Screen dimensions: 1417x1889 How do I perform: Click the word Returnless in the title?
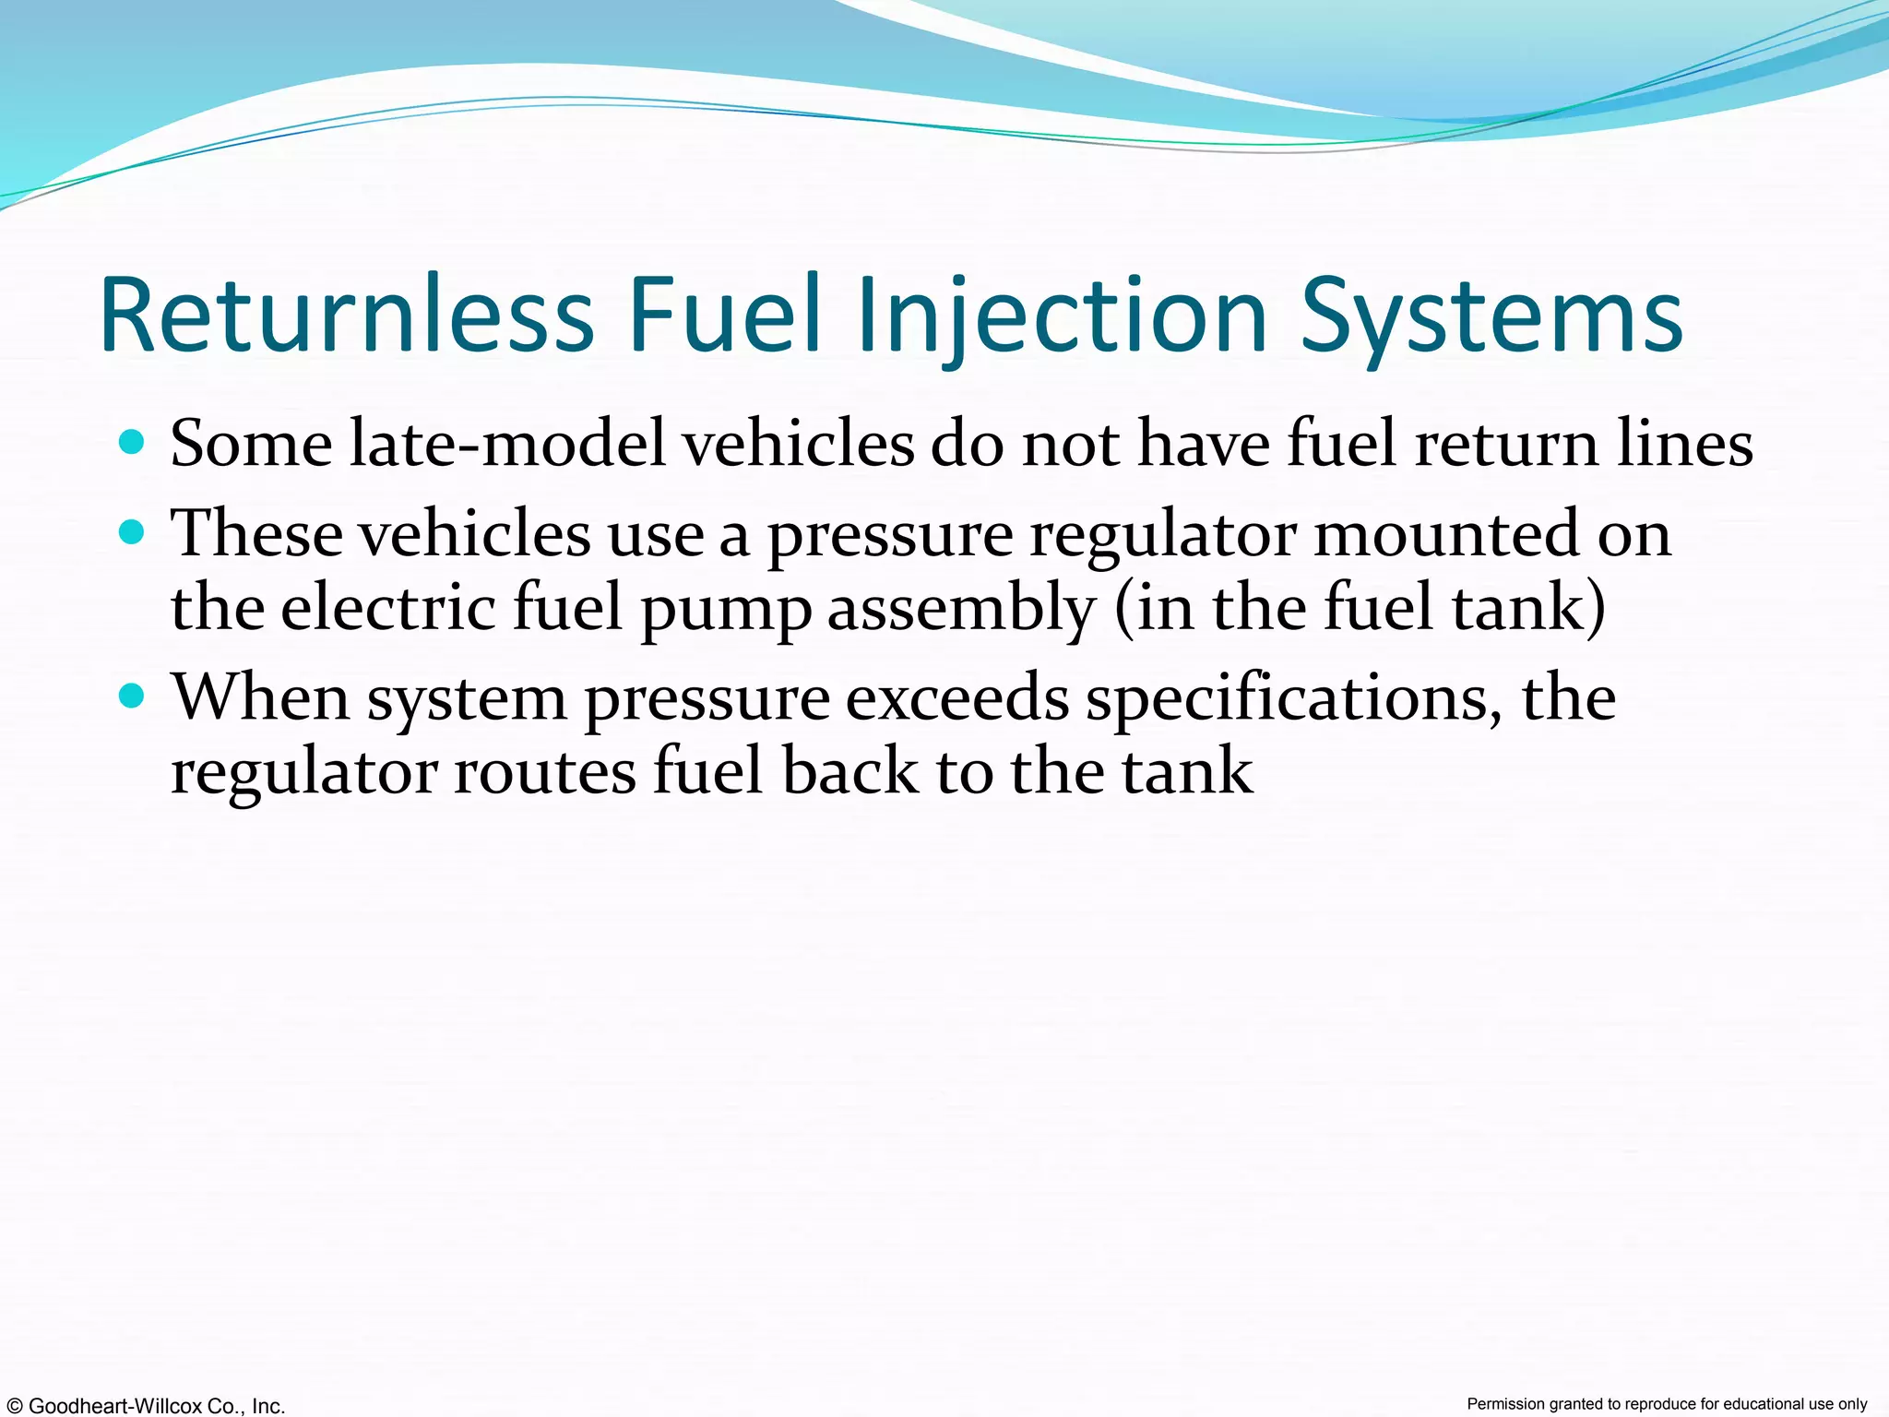[346, 316]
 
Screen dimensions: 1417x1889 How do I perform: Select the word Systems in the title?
[1491, 316]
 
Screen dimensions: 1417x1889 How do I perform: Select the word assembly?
[961, 608]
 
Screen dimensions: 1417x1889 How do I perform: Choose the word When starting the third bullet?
[261, 697]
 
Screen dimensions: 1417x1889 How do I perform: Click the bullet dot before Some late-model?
[133, 443]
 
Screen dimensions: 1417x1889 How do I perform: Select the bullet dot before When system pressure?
[133, 696]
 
